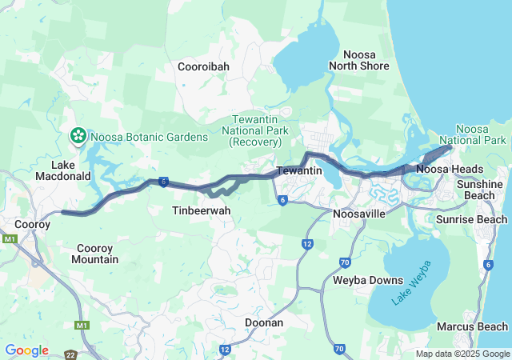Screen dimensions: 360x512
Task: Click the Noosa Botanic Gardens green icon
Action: point(79,137)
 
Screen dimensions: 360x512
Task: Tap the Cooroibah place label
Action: point(205,67)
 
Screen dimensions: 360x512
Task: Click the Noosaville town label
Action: point(359,214)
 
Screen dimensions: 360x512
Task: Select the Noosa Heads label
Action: point(450,170)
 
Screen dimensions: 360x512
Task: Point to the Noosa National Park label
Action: point(480,134)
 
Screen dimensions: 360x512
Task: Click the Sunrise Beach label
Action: point(471,219)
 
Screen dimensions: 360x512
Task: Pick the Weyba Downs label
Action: point(356,280)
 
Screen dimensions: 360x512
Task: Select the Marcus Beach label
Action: point(472,326)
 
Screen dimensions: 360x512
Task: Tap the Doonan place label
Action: point(264,322)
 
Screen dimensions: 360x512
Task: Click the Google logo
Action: point(26,350)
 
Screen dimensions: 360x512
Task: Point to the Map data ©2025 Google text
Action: point(462,354)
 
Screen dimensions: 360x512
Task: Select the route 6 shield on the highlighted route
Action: point(163,182)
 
